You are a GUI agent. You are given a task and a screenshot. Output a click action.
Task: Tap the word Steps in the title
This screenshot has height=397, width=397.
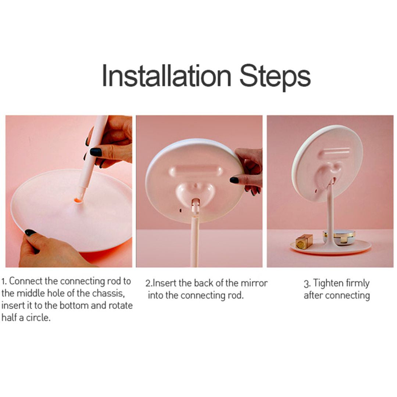tap(275, 76)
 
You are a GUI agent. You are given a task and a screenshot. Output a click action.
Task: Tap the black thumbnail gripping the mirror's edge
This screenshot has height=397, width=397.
tap(234, 180)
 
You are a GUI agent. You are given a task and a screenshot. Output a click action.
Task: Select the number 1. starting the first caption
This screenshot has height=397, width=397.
tap(4, 282)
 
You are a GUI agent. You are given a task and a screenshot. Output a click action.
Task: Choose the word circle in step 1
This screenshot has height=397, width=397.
tap(38, 318)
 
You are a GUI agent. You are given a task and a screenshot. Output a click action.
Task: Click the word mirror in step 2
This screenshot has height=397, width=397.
tap(254, 283)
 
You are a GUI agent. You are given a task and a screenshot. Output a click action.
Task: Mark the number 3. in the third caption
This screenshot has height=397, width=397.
tap(307, 284)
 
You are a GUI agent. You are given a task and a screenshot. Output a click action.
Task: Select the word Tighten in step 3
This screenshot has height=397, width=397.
tap(328, 284)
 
